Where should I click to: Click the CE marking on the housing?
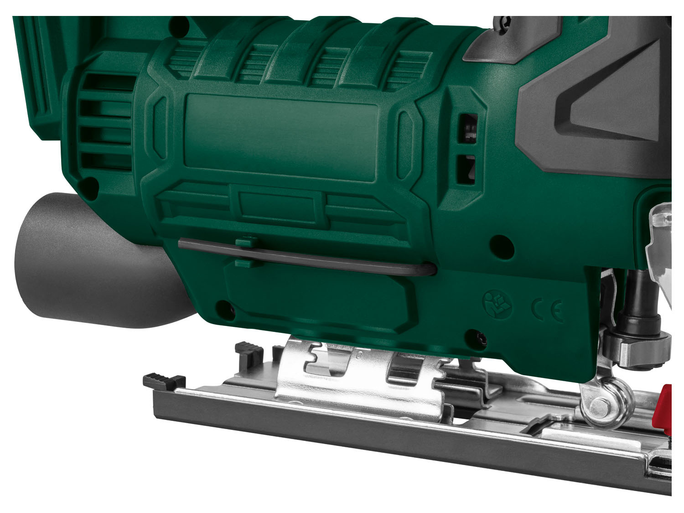click(548, 310)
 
